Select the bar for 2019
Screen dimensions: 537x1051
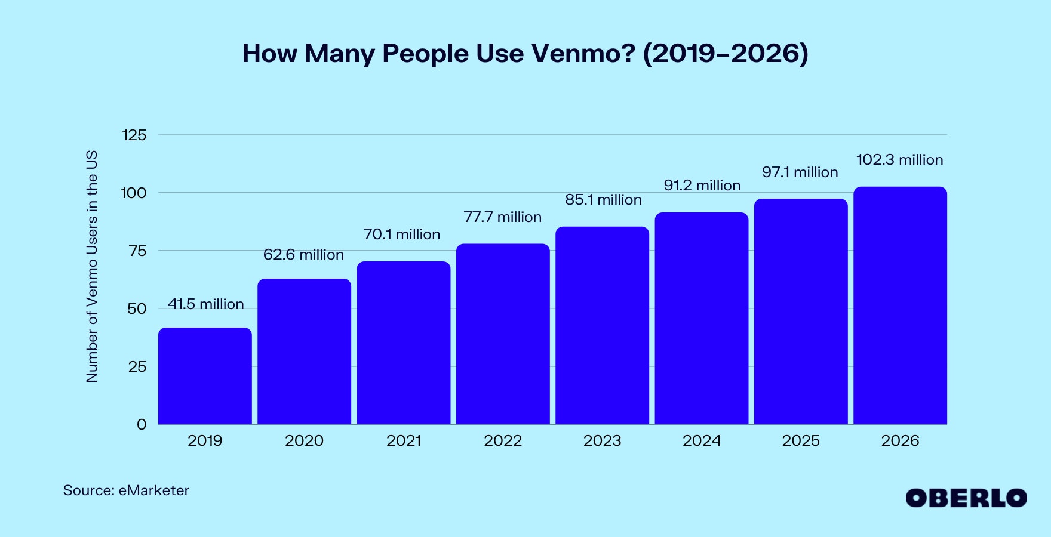click(x=205, y=376)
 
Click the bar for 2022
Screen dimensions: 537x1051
click(x=503, y=334)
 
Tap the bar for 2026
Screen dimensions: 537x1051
click(x=900, y=305)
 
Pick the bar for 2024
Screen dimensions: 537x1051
click(x=701, y=319)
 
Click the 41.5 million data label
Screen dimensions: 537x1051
click(x=205, y=304)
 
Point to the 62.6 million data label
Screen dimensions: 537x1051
click(x=303, y=255)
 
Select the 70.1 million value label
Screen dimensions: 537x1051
click(x=402, y=234)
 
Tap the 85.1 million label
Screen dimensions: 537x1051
click(x=603, y=200)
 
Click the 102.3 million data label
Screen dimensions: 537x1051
click(x=899, y=160)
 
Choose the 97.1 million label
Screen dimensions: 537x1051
click(x=800, y=172)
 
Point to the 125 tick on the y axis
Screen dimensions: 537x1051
click(x=134, y=135)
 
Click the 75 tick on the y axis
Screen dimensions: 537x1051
click(x=137, y=251)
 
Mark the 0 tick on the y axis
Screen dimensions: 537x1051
click(x=142, y=425)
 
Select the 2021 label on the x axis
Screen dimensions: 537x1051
click(x=404, y=441)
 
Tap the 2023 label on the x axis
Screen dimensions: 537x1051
click(x=602, y=441)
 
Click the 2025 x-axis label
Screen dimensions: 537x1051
click(x=801, y=441)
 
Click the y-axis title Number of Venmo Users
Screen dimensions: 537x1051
click(x=91, y=266)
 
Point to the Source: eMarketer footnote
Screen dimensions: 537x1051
click(x=126, y=490)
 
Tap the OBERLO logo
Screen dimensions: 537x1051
click(x=966, y=498)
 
